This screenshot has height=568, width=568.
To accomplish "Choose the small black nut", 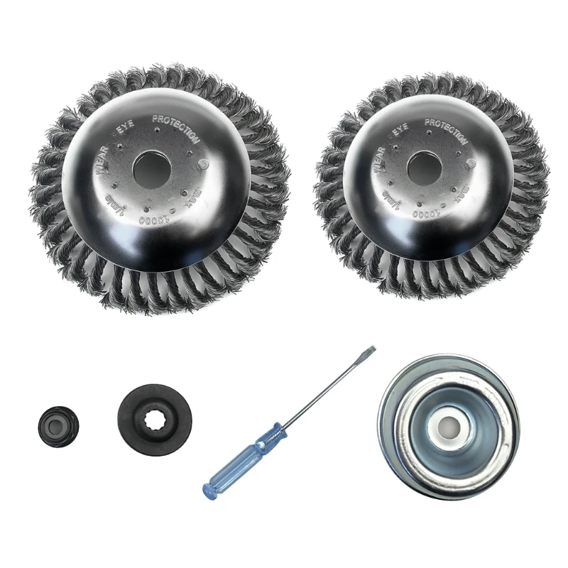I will pyautogui.click(x=58, y=427).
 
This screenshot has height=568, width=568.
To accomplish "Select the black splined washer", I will pyautogui.click(x=154, y=419).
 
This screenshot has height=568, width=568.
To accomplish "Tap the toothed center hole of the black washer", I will pyautogui.click(x=154, y=418).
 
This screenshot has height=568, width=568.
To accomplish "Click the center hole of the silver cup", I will pyautogui.click(x=448, y=427).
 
